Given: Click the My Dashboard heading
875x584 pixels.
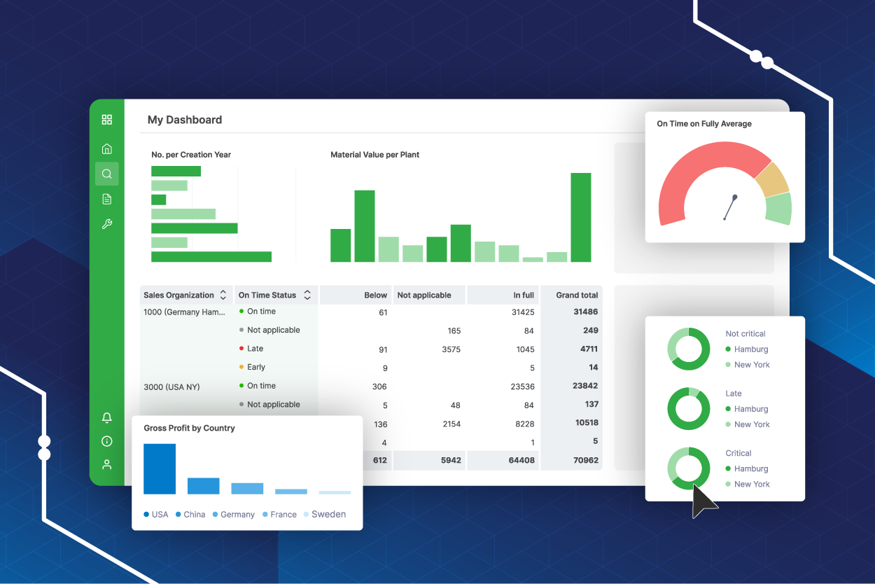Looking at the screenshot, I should pyautogui.click(x=184, y=120).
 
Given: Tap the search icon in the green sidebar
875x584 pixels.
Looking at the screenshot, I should pyautogui.click(x=107, y=174).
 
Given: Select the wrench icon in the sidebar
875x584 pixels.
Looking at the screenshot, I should pyautogui.click(x=107, y=224).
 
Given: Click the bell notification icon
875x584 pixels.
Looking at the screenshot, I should pyautogui.click(x=107, y=418).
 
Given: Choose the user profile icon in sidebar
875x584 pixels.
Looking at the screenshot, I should pyautogui.click(x=107, y=464).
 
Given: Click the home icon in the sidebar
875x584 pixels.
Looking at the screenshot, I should pyautogui.click(x=107, y=148).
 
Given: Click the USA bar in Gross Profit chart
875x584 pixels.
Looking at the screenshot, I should pyautogui.click(x=160, y=468).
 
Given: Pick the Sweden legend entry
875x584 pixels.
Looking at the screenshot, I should pyautogui.click(x=328, y=514).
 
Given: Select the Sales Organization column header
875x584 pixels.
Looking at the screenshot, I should pyautogui.click(x=178, y=295).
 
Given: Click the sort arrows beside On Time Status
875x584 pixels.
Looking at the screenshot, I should pyautogui.click(x=307, y=295).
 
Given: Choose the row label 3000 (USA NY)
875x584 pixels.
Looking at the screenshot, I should pyautogui.click(x=171, y=387).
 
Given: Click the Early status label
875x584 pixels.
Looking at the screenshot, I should pyautogui.click(x=255, y=367).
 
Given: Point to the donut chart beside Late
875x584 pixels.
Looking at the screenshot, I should pyautogui.click(x=689, y=409).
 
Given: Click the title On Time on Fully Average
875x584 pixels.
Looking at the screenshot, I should pyautogui.click(x=704, y=124).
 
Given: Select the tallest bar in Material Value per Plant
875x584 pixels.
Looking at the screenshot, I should pyautogui.click(x=580, y=217).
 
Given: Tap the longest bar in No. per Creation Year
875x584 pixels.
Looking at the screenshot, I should pyautogui.click(x=211, y=257).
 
